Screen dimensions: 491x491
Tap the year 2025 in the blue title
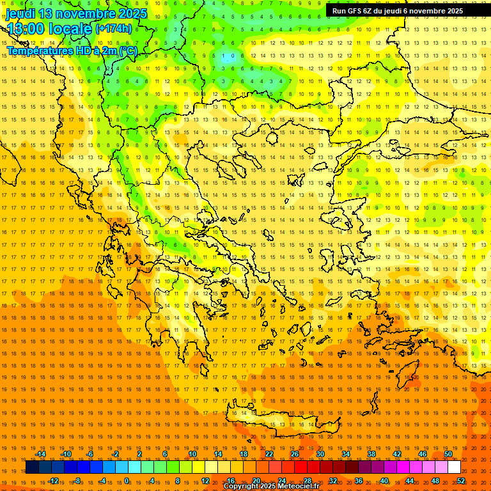132,13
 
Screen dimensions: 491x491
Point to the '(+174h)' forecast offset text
114,29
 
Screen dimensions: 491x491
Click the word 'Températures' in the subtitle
38,51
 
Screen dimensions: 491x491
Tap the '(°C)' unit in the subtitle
128,51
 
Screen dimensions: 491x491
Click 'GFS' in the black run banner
355,11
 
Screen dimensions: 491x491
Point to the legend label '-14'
40,454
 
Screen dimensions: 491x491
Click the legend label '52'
461,481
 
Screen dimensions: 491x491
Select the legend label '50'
448,454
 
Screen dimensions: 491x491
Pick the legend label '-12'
53,481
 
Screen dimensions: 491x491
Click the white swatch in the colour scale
454,467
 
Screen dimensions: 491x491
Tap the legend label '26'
295,454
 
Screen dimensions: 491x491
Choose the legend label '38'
371,454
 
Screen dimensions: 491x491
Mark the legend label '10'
192,454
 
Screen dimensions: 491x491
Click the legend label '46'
423,454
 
